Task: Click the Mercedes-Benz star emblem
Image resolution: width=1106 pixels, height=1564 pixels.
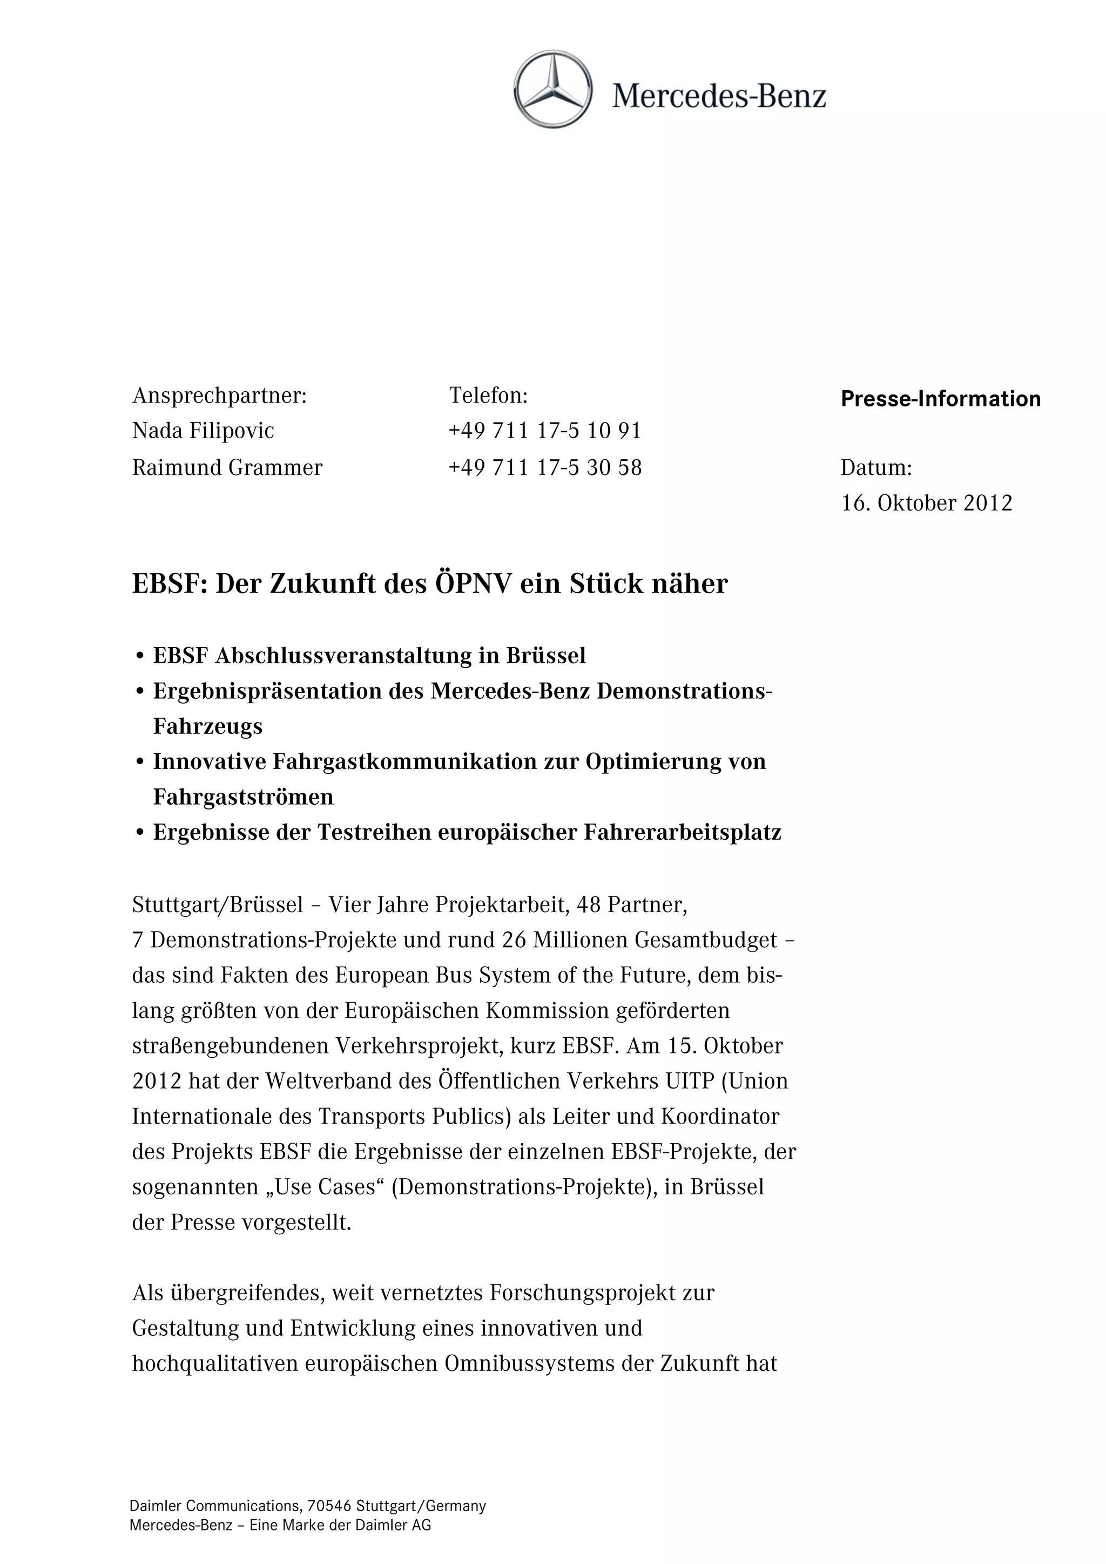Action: [x=552, y=89]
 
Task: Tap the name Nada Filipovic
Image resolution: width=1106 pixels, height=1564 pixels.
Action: [x=203, y=431]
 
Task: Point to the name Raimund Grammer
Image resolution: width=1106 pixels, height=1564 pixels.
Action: [x=227, y=467]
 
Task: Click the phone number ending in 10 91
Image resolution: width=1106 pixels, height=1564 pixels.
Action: [x=545, y=431]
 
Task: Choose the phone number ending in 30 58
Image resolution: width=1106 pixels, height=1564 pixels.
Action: [x=545, y=467]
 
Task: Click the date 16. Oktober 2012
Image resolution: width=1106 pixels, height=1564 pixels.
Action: [x=926, y=503]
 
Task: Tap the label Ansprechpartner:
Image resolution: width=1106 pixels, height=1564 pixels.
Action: [x=219, y=395]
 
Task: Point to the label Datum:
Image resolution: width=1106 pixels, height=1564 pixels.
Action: [x=875, y=467]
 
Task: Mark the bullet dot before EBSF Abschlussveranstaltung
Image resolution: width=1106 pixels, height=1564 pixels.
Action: [x=140, y=656]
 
